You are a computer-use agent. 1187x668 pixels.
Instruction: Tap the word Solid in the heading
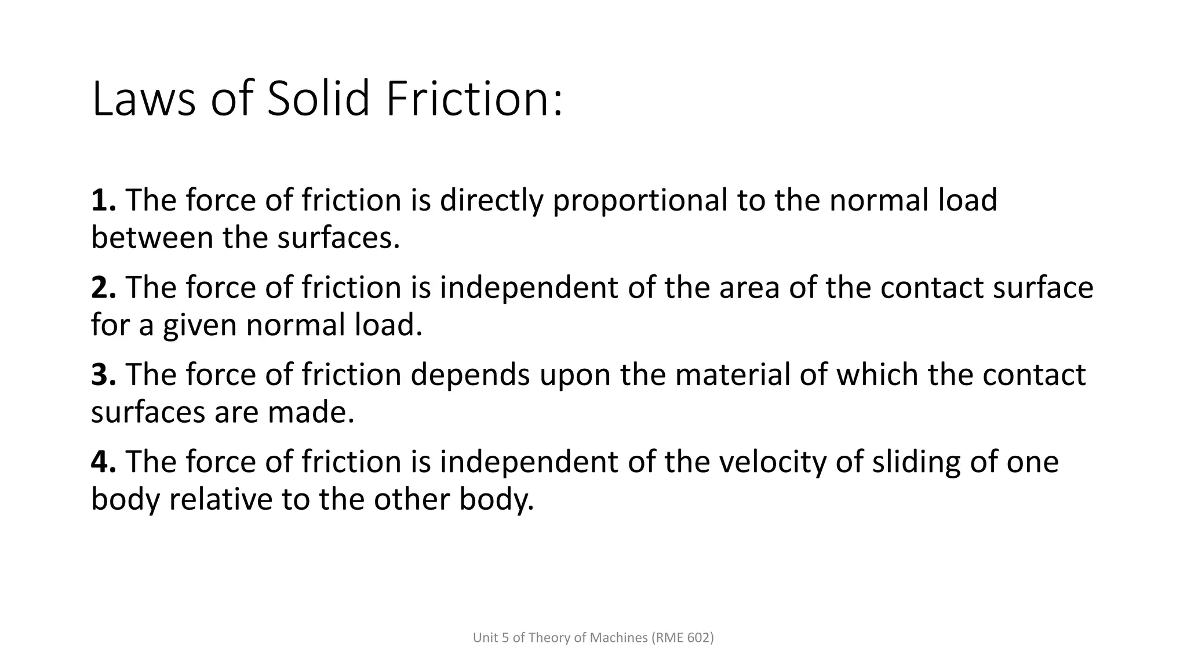coord(318,99)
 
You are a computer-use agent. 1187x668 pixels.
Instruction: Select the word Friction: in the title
coord(474,99)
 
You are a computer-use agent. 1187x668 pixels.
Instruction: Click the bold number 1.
coord(103,201)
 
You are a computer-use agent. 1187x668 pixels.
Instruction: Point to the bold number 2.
coord(103,288)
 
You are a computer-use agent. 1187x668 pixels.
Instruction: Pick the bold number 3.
coord(103,375)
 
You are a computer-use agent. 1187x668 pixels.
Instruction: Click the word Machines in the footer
coord(618,638)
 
